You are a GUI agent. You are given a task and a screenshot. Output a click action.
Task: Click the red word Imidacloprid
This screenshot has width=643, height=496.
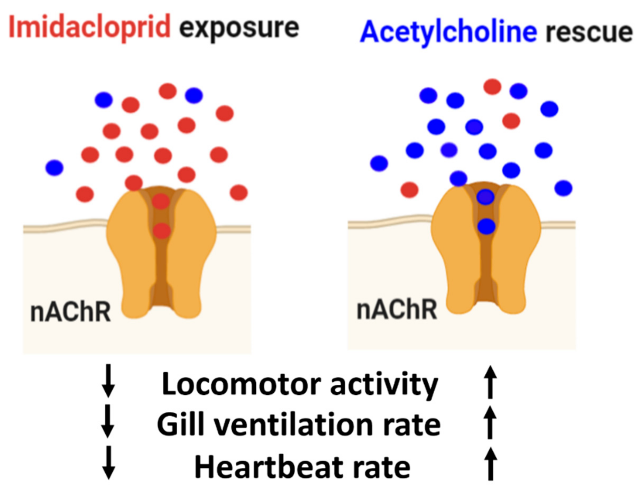[90, 27]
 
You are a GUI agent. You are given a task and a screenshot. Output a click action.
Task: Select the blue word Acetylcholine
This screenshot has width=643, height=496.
[448, 32]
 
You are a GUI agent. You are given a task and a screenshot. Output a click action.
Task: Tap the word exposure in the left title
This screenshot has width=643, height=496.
[239, 28]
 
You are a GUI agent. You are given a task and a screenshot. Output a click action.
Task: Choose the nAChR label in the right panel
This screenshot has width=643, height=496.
[397, 309]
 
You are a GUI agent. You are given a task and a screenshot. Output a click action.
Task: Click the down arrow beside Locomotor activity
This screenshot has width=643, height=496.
[108, 381]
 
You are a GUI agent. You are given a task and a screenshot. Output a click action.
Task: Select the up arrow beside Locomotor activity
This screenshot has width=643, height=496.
[490, 382]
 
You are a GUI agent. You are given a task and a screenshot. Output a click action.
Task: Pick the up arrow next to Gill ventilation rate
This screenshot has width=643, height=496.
[490, 422]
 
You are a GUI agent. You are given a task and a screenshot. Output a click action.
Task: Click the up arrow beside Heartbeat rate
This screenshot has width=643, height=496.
[490, 464]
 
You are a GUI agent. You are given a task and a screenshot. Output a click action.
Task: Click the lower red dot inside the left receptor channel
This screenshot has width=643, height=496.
[162, 231]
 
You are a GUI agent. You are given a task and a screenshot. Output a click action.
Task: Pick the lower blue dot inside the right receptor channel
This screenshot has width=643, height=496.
[486, 226]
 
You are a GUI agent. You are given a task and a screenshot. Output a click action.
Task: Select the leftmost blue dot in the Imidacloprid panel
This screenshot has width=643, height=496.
[54, 168]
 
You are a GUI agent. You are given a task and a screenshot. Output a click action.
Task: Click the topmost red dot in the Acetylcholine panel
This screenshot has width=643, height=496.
[492, 86]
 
